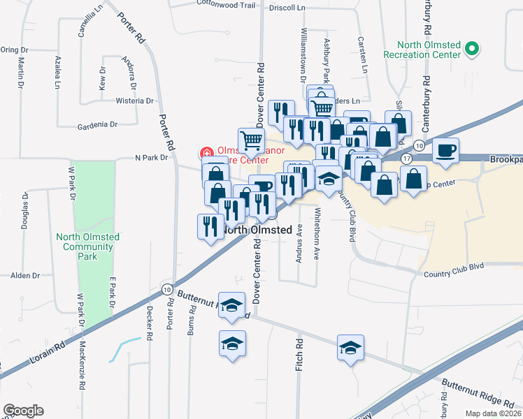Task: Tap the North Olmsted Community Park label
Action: (87, 247)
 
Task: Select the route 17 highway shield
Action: (406, 159)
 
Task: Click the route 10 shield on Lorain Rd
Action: (166, 289)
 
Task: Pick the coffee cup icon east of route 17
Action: (446, 149)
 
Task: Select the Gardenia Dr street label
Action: (97, 125)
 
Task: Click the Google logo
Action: (23, 411)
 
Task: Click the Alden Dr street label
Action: (24, 276)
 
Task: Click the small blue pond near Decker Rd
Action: (123, 348)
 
